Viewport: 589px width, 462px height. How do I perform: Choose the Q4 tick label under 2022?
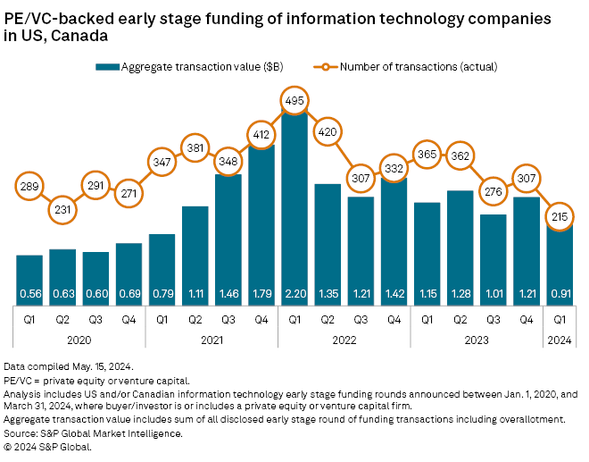(394, 319)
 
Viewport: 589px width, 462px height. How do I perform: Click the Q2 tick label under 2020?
(62, 319)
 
